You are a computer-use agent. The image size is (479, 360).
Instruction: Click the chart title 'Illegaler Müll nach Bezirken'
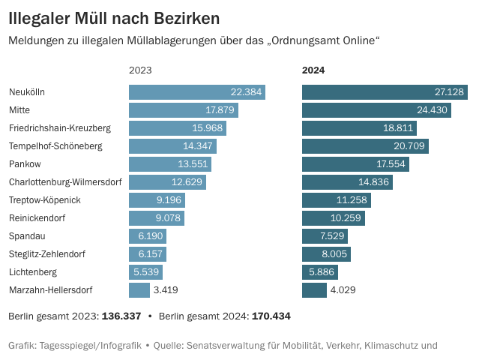(114, 16)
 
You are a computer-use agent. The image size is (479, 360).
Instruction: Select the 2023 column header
(140, 70)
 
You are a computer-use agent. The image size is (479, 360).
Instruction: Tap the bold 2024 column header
(313, 70)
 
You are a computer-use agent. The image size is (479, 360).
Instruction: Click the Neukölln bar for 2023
(196, 92)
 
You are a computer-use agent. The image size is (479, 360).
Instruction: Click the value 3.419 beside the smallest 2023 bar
(166, 290)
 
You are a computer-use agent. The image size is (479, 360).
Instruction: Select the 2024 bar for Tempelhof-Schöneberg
(365, 146)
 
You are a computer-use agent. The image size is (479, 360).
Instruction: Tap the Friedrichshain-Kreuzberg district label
(60, 128)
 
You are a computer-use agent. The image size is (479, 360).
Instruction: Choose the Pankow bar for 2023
(170, 164)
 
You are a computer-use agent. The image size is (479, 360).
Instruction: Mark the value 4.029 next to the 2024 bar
(343, 290)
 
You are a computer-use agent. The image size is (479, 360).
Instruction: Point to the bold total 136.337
(121, 316)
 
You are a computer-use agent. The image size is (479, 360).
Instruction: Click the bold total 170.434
(271, 316)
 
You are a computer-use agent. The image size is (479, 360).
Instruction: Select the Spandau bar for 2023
(148, 236)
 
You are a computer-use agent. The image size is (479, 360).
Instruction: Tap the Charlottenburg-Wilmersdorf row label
(64, 182)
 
